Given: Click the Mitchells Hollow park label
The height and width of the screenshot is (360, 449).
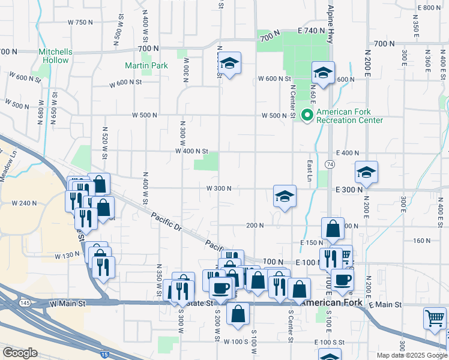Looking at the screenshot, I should coord(55,56).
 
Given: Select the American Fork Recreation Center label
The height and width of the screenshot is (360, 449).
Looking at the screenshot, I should coord(349,116).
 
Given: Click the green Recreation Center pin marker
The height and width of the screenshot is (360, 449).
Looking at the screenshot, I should coord(307,113).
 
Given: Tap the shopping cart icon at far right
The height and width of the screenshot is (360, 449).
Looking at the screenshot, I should coord(435,318).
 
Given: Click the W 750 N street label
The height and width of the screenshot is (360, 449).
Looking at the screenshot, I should coord(80,22).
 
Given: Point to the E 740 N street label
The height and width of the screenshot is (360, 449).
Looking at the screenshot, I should coord(315,30).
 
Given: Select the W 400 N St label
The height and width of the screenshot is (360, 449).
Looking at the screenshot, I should coord(191,151).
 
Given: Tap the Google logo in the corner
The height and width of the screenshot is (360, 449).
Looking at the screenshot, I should coord(20,352).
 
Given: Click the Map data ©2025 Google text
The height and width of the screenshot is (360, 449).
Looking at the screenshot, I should coord(412,355).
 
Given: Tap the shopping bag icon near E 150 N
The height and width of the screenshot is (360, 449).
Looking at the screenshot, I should coord(333,228).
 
